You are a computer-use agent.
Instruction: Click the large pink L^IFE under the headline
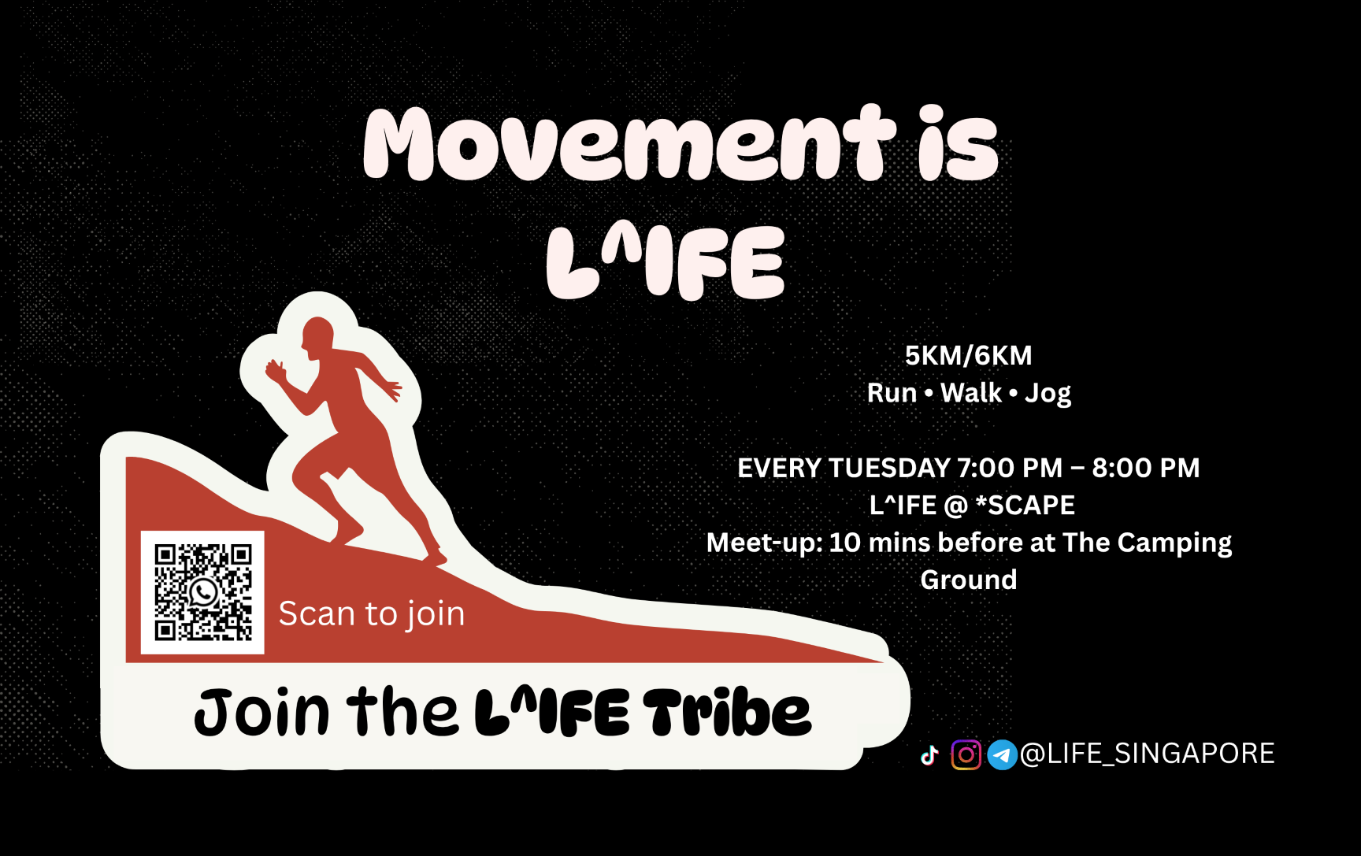coord(666,263)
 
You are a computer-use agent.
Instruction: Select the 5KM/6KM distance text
coord(968,356)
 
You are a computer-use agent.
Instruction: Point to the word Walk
coord(970,393)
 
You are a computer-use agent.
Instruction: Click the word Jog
coord(1048,393)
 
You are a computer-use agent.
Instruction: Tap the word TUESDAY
coord(887,468)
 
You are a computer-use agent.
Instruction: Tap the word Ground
coord(969,580)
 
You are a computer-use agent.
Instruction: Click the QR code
coord(202,592)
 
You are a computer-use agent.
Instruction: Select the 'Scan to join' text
coord(371,613)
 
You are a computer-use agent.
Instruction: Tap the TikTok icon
coord(929,755)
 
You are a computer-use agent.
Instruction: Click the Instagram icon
coord(966,754)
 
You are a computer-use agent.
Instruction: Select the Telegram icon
coord(1002,754)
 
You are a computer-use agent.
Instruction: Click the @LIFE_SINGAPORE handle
coord(1147,754)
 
